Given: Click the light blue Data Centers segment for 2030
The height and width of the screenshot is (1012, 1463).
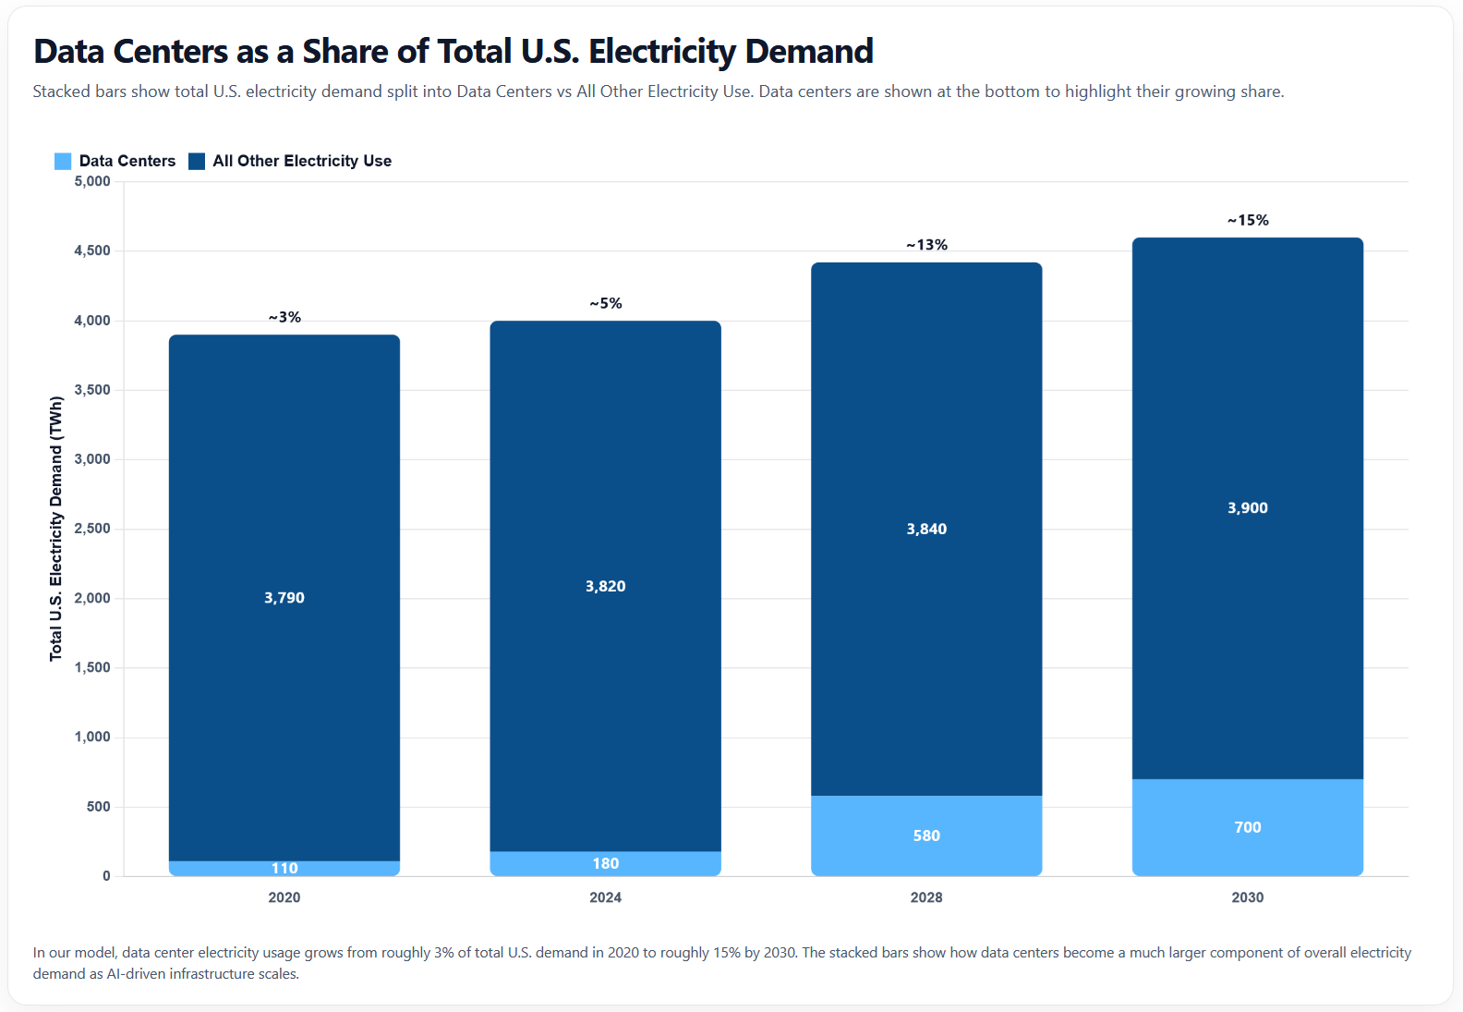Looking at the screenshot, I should (x=1248, y=804).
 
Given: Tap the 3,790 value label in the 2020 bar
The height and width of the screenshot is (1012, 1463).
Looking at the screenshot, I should (x=284, y=598).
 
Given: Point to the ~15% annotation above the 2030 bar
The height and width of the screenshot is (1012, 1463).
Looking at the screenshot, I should (x=1248, y=220).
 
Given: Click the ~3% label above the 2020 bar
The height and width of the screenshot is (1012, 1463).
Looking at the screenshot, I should (x=284, y=317).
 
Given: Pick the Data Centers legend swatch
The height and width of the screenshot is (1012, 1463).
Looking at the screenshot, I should (x=63, y=161).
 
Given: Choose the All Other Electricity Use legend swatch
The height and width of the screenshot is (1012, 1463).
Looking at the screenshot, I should (x=197, y=161).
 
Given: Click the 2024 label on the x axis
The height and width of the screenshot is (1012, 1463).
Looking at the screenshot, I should (x=606, y=897).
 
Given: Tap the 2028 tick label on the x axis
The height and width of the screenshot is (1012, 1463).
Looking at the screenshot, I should (x=926, y=897).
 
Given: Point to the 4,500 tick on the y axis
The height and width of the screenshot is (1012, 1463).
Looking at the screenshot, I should (x=92, y=250).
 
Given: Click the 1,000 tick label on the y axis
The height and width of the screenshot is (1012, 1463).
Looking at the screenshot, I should (x=92, y=737).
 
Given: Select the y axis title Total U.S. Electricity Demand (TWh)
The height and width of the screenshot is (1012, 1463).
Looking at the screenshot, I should (x=56, y=529).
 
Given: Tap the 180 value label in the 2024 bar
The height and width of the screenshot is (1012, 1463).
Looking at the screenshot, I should (x=606, y=863).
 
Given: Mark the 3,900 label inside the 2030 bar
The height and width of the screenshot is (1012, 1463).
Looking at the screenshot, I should (x=1248, y=507).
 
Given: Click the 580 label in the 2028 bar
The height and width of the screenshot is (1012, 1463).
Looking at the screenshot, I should (x=926, y=835).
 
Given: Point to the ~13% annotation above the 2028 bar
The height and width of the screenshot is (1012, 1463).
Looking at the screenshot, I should (x=926, y=245).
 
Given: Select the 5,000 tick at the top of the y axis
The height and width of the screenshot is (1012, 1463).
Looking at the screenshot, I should (x=92, y=181).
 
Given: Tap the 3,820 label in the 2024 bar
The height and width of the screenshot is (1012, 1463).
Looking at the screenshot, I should (x=606, y=586).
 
